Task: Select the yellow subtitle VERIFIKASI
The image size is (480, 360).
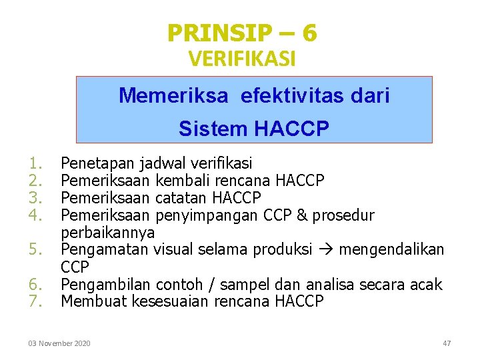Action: click(x=242, y=59)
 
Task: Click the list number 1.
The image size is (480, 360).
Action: click(x=36, y=163)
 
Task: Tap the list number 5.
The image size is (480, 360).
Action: click(x=36, y=249)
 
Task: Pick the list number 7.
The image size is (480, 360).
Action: click(x=36, y=301)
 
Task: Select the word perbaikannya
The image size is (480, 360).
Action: click(x=107, y=232)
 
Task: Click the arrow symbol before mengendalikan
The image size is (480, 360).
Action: click(x=330, y=250)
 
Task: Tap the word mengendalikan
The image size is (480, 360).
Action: click(x=391, y=249)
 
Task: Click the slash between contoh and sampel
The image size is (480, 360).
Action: click(x=211, y=285)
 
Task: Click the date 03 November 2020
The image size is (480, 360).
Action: click(x=59, y=343)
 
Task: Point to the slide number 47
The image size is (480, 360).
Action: click(x=447, y=343)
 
